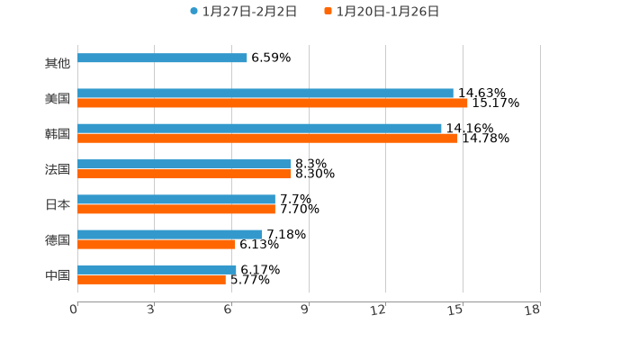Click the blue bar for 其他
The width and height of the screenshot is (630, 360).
[162, 58]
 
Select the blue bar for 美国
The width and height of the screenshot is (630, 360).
[265, 94]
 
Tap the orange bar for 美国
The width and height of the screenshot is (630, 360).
[273, 103]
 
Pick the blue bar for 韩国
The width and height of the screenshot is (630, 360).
[259, 129]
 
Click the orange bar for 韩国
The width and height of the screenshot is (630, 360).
[267, 139]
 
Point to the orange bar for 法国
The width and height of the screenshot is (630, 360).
[184, 174]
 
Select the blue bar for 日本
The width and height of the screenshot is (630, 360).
[176, 199]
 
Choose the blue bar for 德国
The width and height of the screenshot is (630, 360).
[170, 234]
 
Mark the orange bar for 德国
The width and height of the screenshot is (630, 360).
[157, 244]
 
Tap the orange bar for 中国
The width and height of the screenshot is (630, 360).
[151, 280]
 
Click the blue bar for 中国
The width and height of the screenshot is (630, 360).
[157, 269]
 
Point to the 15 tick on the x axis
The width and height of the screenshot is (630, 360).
[456, 310]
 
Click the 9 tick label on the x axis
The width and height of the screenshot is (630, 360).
[305, 310]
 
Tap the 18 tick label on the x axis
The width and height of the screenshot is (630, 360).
[533, 310]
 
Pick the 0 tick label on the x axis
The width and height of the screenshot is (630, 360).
[74, 310]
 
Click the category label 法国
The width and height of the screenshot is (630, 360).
[58, 169]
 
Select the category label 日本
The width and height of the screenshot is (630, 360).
[58, 204]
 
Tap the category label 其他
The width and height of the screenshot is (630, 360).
[58, 64]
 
